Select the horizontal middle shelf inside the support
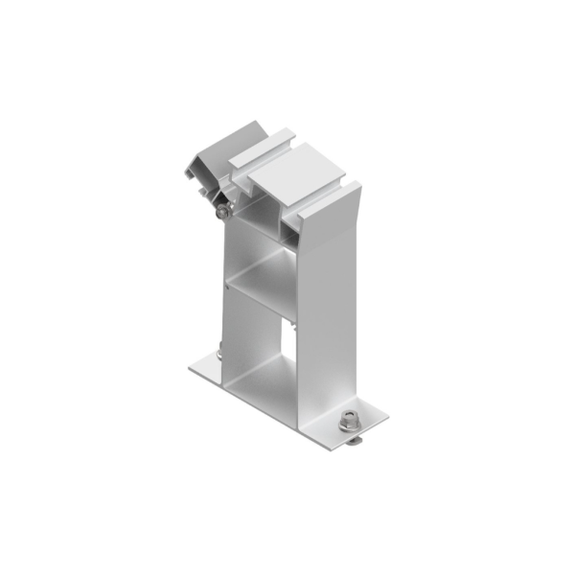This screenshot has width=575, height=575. (264, 283)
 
